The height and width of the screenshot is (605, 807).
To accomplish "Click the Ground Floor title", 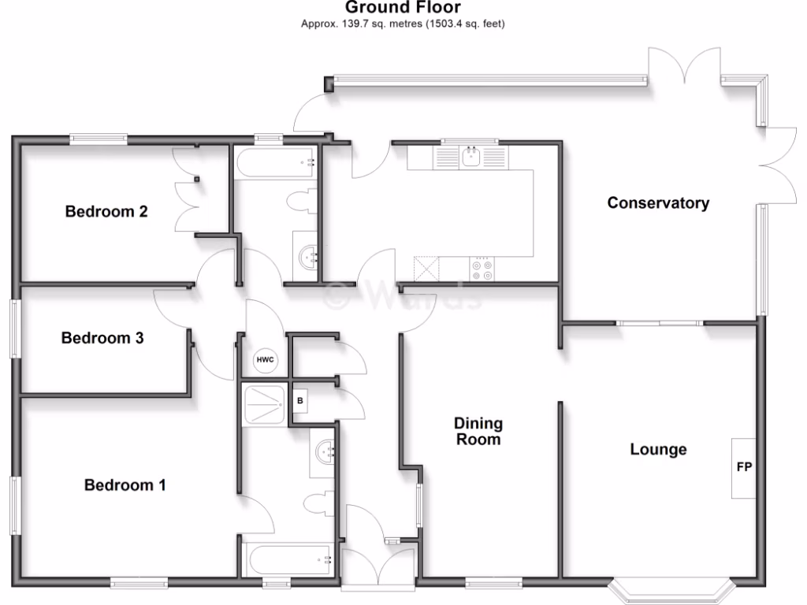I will [x=403, y=8].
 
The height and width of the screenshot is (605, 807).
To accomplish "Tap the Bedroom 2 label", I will [x=106, y=211].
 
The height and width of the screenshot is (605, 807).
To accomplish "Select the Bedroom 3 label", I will [x=102, y=338].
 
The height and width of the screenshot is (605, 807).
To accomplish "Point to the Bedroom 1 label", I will [x=125, y=484].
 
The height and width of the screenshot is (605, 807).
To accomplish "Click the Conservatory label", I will [x=658, y=202].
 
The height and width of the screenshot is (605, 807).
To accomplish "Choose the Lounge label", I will [x=658, y=449].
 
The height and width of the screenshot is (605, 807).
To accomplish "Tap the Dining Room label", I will [x=478, y=432].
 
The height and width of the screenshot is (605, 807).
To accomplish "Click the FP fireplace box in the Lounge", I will [x=743, y=467].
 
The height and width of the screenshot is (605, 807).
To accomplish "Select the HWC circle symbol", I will [x=266, y=360].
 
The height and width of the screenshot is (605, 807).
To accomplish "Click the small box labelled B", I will [x=299, y=400].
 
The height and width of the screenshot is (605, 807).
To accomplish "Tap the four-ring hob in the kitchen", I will [x=482, y=270].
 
